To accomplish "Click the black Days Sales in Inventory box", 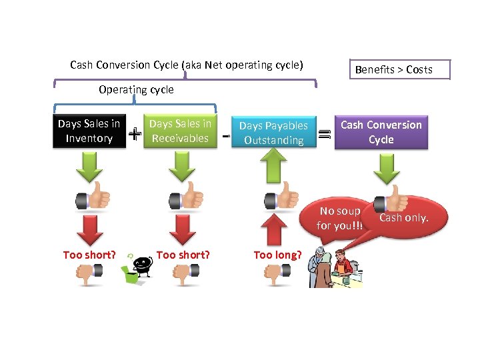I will (x=89, y=131).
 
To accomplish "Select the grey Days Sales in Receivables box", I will (x=180, y=131).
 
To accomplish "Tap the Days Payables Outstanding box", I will (x=273, y=133).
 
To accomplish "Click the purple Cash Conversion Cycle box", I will (x=381, y=132).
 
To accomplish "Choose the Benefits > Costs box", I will (x=393, y=69).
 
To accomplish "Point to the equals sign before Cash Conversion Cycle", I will (x=324, y=134).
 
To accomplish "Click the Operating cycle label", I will (x=136, y=89).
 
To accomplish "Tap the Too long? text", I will (x=277, y=255).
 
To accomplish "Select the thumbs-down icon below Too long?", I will (x=277, y=273).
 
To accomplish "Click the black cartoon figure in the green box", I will (x=139, y=264).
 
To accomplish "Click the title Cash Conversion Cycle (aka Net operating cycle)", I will (x=187, y=65).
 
